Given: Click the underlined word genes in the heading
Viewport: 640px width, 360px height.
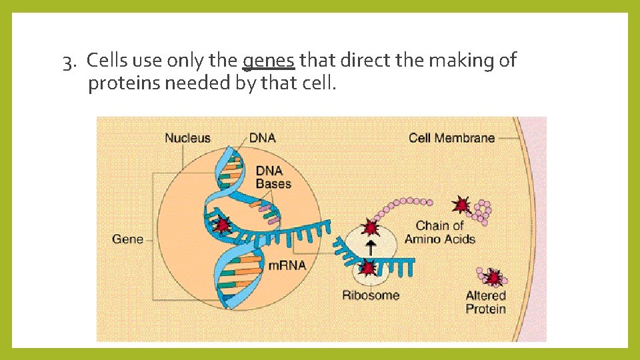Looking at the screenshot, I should tap(268, 61).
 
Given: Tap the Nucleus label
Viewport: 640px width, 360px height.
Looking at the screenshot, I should tap(187, 138).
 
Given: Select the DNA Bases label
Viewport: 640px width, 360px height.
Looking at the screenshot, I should tap(273, 177).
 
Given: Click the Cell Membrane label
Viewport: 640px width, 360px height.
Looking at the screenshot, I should tap(451, 138).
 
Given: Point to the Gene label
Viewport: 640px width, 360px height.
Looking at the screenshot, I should tap(127, 239).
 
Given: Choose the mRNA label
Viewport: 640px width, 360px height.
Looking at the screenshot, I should tap(287, 265).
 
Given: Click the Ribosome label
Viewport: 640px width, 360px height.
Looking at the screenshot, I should tap(371, 295).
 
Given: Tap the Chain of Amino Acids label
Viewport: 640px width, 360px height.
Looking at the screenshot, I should tap(440, 232).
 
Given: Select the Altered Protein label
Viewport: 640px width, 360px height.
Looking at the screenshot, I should tap(485, 302).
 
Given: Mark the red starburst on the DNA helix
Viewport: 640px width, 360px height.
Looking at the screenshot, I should tap(221, 224).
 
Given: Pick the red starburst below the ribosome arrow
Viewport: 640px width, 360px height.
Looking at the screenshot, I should tap(367, 268).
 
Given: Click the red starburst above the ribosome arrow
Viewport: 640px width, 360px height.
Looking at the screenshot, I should tap(370, 228).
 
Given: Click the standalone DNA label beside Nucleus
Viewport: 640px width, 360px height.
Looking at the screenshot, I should tap(262, 138).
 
